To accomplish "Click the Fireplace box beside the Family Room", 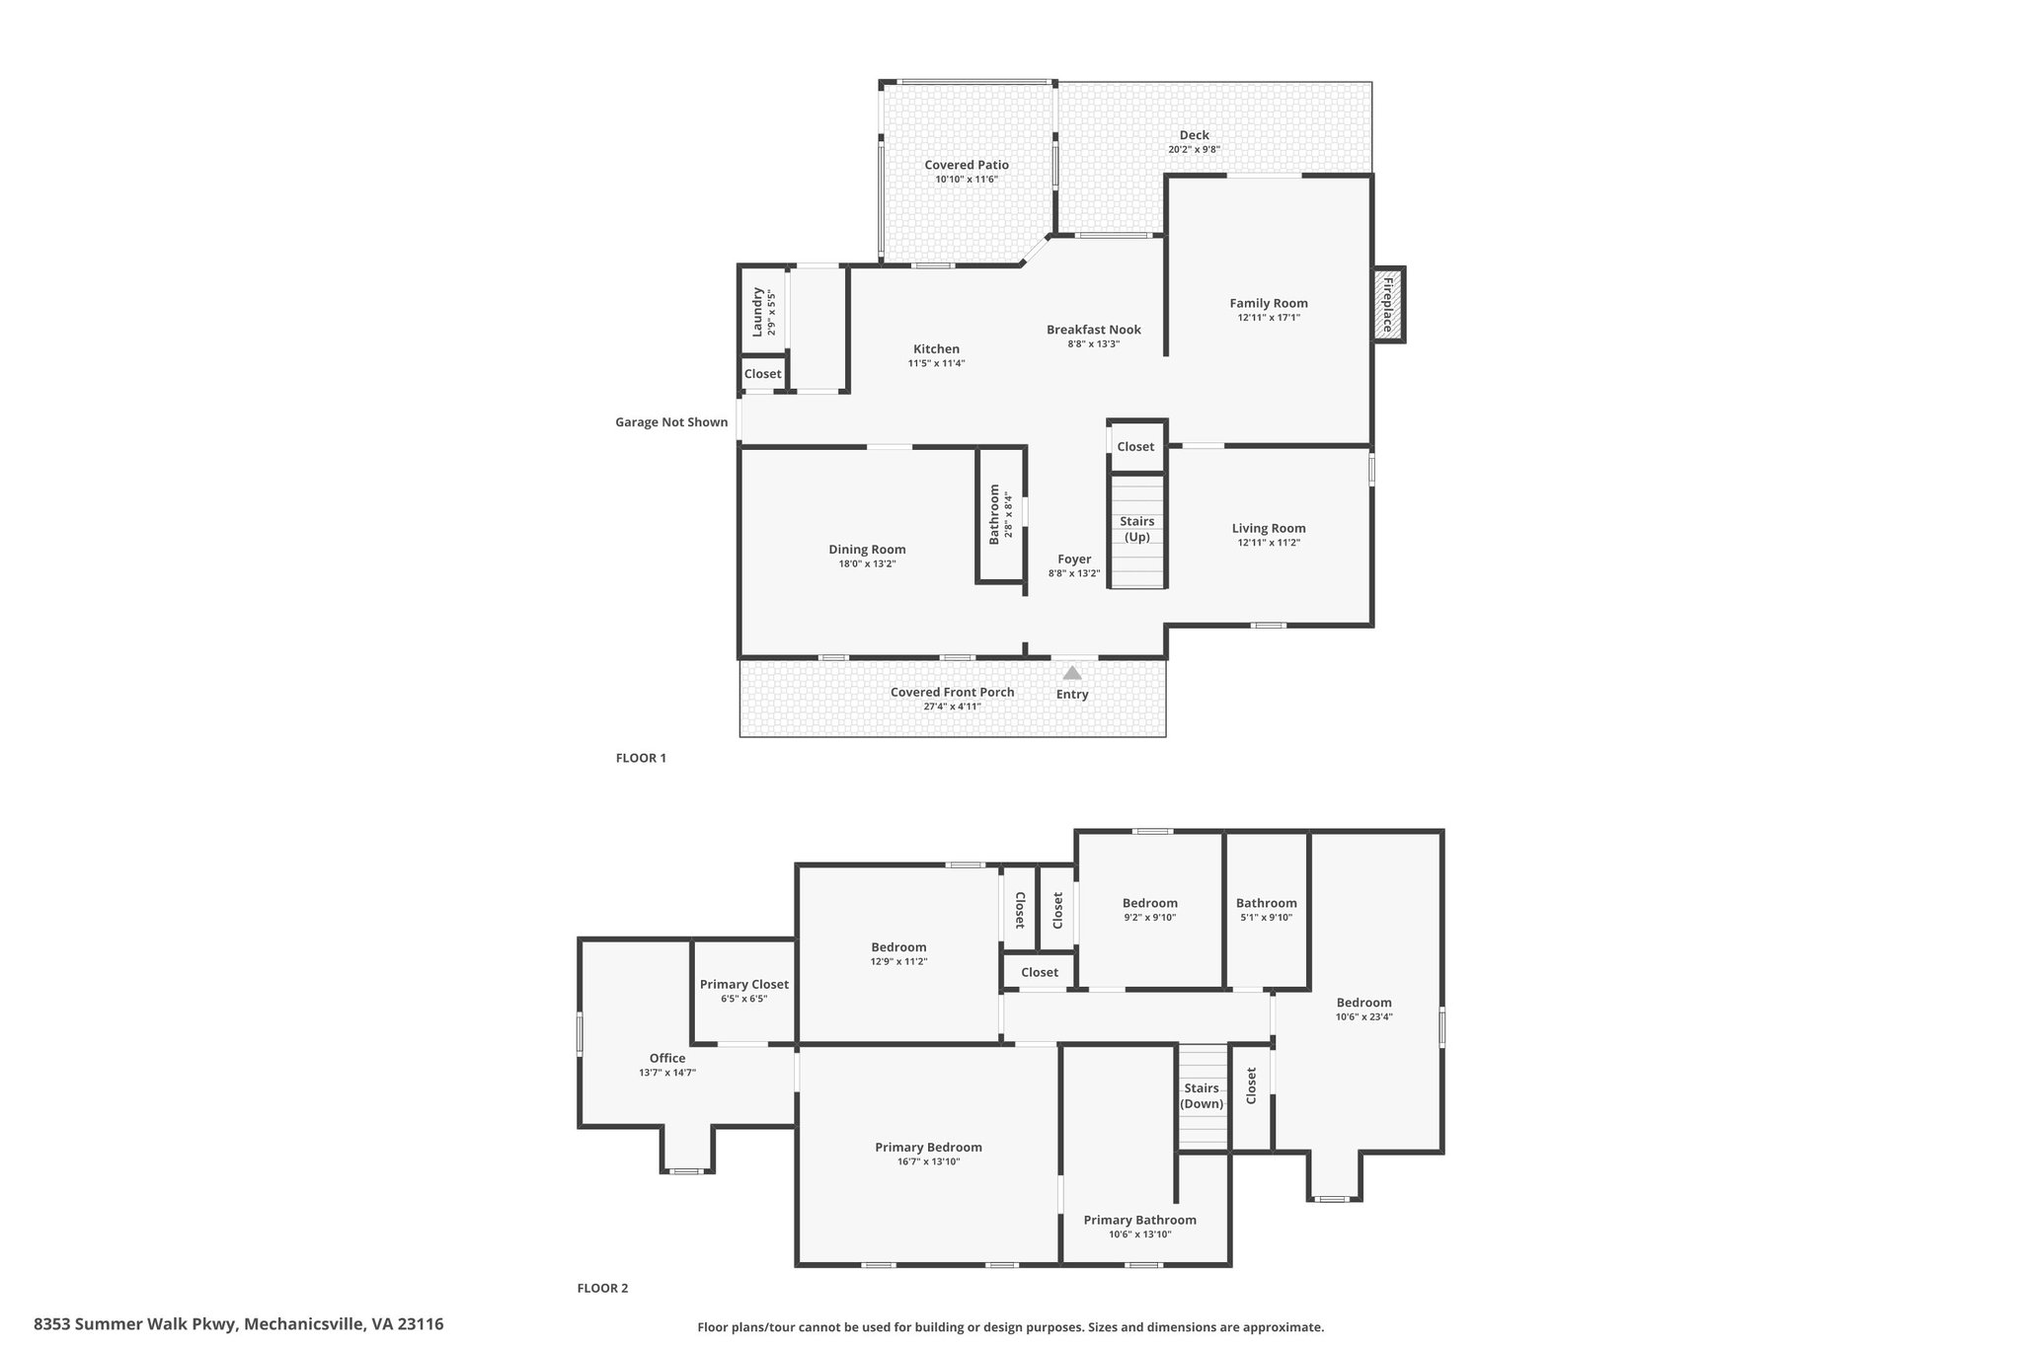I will [x=1388, y=304].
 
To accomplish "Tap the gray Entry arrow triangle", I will [x=1072, y=673].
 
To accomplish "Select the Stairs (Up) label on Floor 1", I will [x=1137, y=529].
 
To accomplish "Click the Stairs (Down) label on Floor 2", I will [x=1202, y=1095].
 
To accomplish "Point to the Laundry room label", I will [x=758, y=312].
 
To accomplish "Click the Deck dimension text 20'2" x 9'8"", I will [x=1194, y=150].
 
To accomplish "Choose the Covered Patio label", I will [x=967, y=165].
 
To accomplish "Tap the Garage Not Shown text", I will [x=671, y=422].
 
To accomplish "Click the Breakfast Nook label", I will [x=1093, y=330].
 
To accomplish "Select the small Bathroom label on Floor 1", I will [x=995, y=514].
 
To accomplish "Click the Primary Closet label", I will [x=743, y=984].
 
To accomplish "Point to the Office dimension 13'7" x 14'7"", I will [x=667, y=1073].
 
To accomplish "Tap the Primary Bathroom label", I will [x=1139, y=1220].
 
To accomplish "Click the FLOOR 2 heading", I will [x=602, y=1288].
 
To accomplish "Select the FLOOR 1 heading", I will [x=641, y=758].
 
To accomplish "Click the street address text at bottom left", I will [x=238, y=1324].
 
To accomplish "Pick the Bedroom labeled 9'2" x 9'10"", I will [x=1149, y=903].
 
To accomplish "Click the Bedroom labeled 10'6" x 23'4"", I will [x=1363, y=1003].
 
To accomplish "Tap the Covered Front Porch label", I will [x=952, y=692].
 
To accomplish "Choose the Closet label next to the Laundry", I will [x=762, y=374].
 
